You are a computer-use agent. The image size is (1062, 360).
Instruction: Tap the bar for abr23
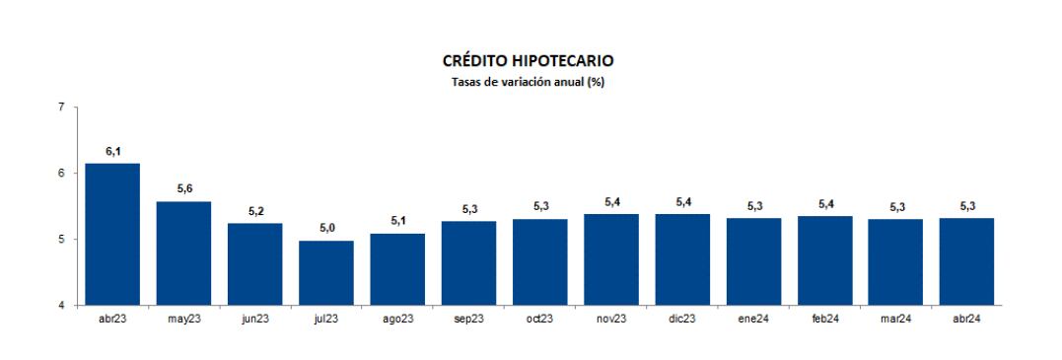[x=112, y=234]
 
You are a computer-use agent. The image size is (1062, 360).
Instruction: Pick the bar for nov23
[x=611, y=259]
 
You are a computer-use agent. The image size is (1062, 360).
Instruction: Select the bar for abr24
[x=967, y=261]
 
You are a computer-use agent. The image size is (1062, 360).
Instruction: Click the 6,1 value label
[x=112, y=152]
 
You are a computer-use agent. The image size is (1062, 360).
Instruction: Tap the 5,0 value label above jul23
[x=327, y=229]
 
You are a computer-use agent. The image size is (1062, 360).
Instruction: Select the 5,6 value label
[x=183, y=189]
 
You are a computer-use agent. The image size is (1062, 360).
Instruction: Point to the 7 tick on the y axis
[x=61, y=107]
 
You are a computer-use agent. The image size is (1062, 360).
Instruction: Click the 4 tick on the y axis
[x=61, y=305]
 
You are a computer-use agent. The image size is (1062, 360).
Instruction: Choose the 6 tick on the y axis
[x=61, y=173]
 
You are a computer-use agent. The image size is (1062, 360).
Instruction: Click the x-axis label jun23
[x=255, y=320]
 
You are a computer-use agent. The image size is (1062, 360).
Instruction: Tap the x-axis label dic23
[x=683, y=320]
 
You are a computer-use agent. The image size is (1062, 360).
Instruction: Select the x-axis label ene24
[x=753, y=320]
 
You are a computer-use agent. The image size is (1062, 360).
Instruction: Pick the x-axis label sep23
[x=469, y=320]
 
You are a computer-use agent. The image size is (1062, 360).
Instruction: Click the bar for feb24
[x=825, y=260]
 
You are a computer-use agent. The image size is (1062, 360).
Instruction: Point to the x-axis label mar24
[x=896, y=320]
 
